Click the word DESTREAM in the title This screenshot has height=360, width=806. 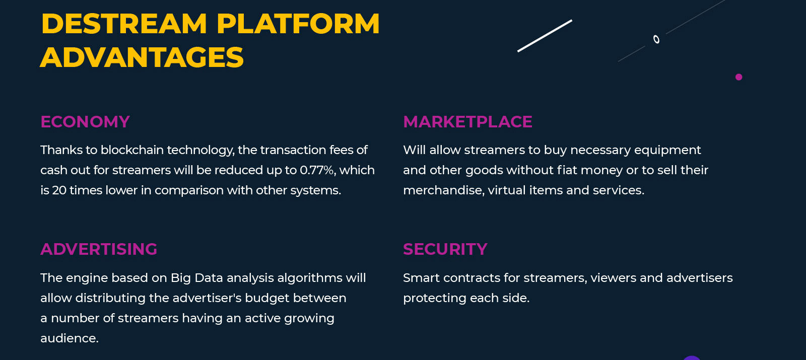124,24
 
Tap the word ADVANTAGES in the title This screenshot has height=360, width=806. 142,57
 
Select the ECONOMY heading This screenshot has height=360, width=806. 85,121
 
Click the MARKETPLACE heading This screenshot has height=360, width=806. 467,121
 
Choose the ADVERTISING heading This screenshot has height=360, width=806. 99,249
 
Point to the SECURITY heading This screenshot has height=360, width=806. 445,249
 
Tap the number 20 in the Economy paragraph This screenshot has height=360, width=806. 59,190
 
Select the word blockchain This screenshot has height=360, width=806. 132,150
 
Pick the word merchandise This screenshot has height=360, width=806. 443,190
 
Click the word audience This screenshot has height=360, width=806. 69,338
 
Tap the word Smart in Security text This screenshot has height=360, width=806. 421,277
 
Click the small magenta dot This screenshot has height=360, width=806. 738,77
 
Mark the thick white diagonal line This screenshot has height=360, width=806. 545,36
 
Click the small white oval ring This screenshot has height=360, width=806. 656,39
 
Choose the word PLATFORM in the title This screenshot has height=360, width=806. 298,24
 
